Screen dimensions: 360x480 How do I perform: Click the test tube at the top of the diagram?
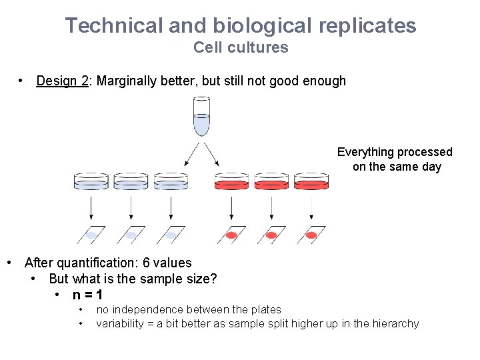point(201,117)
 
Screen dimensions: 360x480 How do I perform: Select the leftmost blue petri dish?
point(91,181)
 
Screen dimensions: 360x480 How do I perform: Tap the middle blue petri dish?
point(131,181)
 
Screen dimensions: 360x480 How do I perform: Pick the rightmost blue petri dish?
point(171,181)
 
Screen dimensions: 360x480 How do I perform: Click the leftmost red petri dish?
point(231,181)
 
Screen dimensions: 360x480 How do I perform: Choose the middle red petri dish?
point(271,181)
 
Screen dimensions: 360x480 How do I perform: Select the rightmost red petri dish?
point(311,181)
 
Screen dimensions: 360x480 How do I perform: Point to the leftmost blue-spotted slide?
point(91,235)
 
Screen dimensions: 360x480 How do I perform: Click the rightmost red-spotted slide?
point(311,235)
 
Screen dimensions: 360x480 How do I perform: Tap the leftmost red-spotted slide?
point(231,235)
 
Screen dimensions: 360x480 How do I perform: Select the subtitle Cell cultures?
point(241,47)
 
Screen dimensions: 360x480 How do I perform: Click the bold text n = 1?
point(87,295)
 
